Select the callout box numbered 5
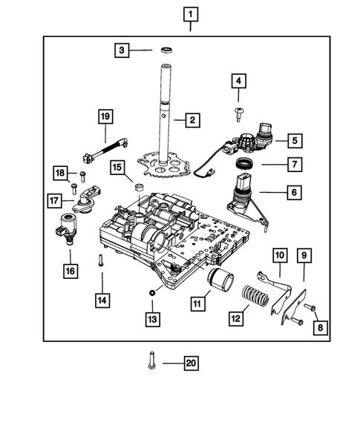click(x=294, y=139)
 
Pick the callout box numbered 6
click(x=294, y=193)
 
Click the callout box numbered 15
click(x=117, y=168)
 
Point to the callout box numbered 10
click(x=278, y=256)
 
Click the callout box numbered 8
click(x=321, y=327)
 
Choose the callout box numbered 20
click(x=191, y=363)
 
